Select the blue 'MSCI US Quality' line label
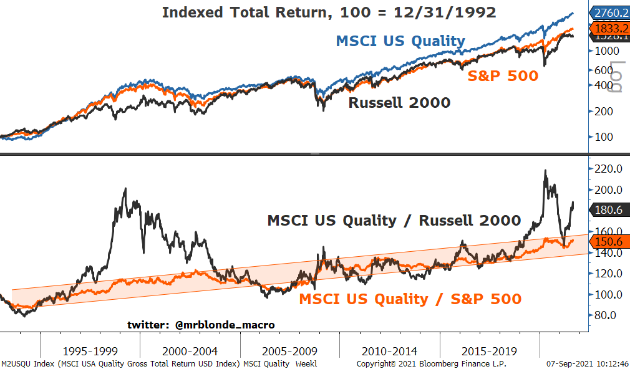[400, 41]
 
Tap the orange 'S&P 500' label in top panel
[503, 76]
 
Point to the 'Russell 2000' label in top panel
[399, 103]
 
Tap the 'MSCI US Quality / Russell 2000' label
[394, 220]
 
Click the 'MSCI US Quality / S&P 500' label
[410, 299]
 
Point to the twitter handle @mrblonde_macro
[201, 325]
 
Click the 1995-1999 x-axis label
[90, 352]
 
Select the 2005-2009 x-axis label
[289, 352]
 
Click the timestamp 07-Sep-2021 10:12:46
[587, 363]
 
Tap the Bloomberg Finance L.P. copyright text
[431, 363]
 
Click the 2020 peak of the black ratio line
[546, 171]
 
